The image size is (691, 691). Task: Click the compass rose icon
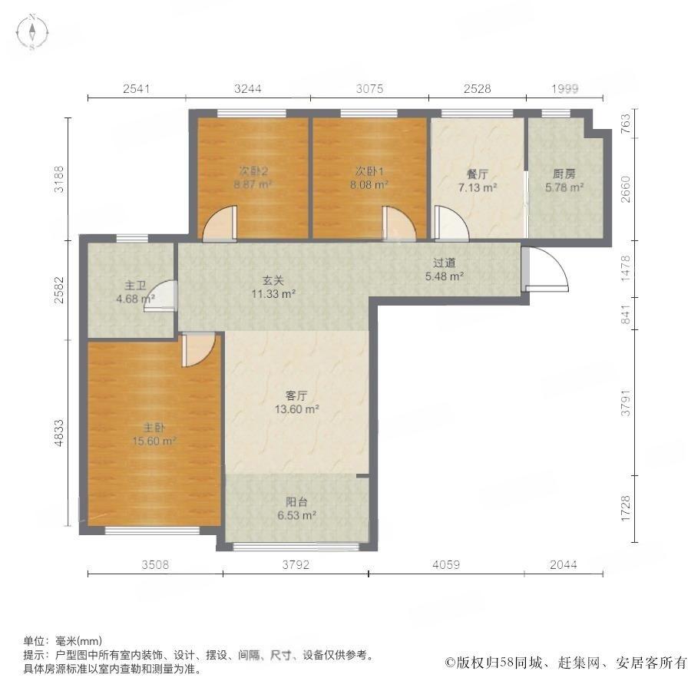[32, 31]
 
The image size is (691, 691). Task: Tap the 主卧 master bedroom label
[154, 428]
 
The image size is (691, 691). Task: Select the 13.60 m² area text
[296, 409]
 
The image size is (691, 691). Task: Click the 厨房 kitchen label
[564, 174]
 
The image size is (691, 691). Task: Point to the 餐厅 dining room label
[478, 174]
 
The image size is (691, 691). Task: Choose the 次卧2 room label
[253, 171]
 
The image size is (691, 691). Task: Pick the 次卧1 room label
[369, 171]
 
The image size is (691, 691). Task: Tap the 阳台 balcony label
[296, 502]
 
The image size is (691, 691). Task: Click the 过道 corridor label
[444, 263]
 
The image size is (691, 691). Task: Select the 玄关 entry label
[273, 280]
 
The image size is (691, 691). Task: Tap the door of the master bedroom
[198, 350]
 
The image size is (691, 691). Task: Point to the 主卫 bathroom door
[160, 296]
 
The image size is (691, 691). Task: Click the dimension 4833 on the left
[58, 433]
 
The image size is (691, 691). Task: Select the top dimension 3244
[248, 89]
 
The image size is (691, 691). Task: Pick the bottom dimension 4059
[446, 564]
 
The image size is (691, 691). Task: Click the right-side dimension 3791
[626, 403]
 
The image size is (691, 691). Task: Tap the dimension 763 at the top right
[626, 124]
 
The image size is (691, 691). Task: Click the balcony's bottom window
[296, 547]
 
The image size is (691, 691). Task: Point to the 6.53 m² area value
[296, 515]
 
